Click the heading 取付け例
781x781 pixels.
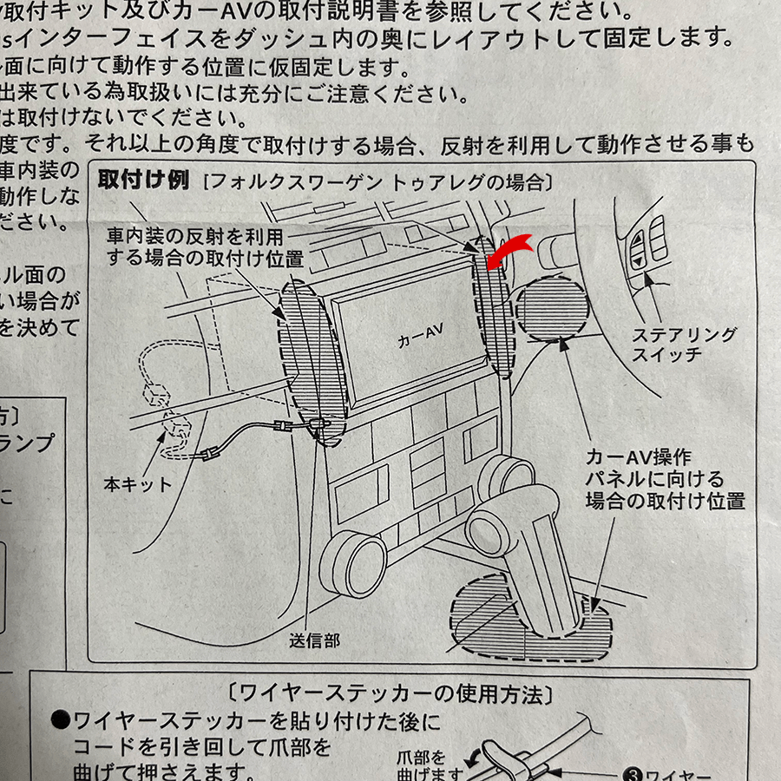tap(143, 180)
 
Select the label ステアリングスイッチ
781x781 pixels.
tap(684, 345)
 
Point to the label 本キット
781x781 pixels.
tap(138, 484)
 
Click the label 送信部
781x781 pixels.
tap(314, 640)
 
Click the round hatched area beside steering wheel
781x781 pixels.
tap(552, 309)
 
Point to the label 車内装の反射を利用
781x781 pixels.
tap(195, 236)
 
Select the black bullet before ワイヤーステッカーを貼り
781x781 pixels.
tap(60, 720)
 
